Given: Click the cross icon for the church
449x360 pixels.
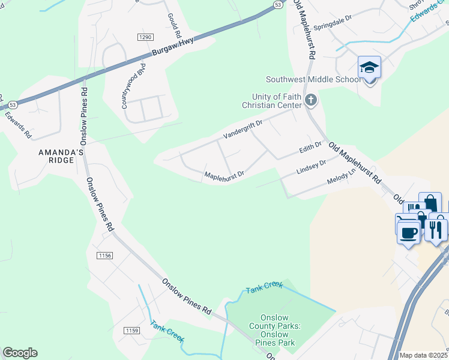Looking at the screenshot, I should tap(311, 100).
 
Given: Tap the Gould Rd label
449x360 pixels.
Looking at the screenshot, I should tap(170, 23).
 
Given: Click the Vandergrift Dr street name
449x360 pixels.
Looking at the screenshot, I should tap(243, 129).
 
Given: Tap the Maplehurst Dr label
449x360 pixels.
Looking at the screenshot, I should tap(224, 175).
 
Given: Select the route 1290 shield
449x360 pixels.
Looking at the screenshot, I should tap(145, 37).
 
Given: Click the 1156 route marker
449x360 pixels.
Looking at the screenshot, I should tap(104, 256).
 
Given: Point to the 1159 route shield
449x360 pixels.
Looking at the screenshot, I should tap(132, 331).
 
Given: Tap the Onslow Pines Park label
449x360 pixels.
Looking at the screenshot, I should tap(275, 331).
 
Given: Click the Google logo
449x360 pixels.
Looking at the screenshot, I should tap(20, 353).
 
